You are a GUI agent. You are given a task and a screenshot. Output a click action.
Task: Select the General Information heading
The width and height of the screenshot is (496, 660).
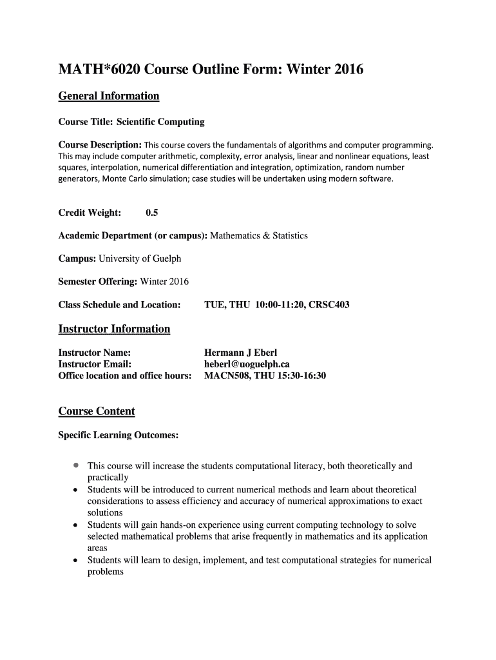tap(108, 97)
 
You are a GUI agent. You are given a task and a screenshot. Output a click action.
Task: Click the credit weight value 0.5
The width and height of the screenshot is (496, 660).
tap(153, 213)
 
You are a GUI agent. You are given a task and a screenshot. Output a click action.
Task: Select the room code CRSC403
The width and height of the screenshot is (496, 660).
tap(329, 305)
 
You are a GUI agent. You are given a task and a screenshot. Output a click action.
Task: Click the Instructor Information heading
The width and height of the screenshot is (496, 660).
tap(114, 329)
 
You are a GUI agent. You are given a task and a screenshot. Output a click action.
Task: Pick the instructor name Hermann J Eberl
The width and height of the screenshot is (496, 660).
tap(240, 353)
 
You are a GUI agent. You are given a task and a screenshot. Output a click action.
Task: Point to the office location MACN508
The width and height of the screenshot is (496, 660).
tap(225, 376)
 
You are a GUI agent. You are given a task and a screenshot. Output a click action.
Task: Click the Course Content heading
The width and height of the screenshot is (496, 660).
tap(97, 412)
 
